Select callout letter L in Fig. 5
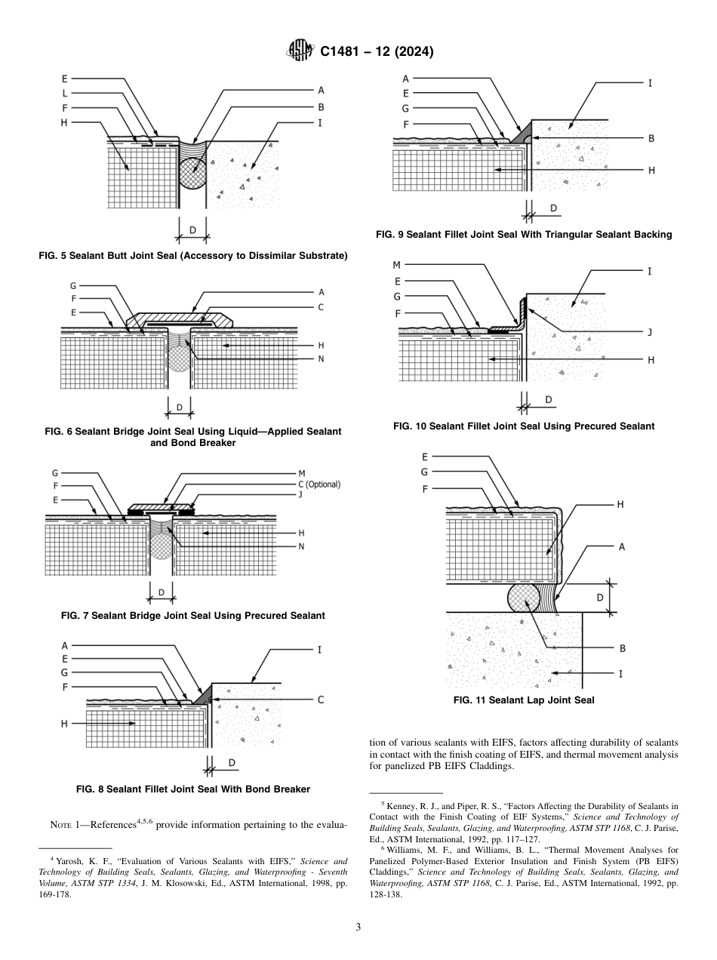(65, 94)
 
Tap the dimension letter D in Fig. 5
(192, 229)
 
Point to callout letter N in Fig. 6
(321, 358)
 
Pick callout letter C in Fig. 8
(320, 700)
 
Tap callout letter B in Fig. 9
(651, 138)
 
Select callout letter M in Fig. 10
(396, 266)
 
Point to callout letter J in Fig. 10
(650, 331)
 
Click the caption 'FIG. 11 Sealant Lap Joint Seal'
(523, 700)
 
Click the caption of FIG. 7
(192, 615)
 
